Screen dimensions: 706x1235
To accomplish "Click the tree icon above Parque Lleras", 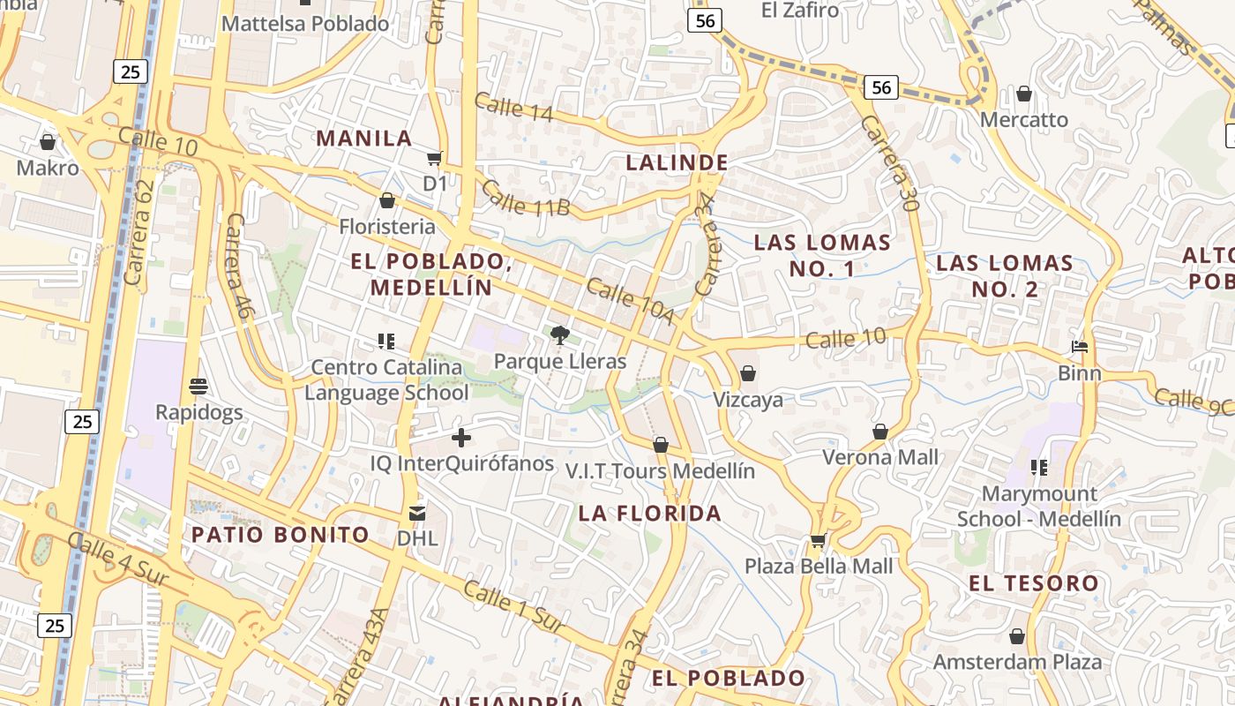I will [x=559, y=334].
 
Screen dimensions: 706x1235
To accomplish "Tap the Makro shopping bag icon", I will [x=48, y=142].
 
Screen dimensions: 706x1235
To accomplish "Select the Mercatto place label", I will [x=1023, y=119].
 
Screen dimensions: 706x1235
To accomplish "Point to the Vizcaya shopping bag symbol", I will [x=748, y=373].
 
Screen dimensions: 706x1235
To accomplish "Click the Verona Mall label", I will [x=880, y=457].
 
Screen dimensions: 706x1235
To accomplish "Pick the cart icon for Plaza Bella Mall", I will [x=818, y=540].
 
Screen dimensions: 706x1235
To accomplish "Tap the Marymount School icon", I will [x=1039, y=467].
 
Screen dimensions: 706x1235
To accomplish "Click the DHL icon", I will [x=417, y=512].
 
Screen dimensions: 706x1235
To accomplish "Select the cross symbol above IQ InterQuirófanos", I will [x=461, y=438].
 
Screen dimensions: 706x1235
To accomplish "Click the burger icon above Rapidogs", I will [x=198, y=387].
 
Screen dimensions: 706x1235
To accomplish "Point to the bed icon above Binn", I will [x=1080, y=347].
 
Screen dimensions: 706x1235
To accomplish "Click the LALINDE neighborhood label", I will [x=677, y=162].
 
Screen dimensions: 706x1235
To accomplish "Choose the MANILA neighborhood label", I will [x=364, y=138].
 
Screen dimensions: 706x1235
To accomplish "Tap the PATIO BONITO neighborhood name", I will [x=281, y=534].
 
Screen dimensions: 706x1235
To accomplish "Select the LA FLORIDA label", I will [x=650, y=513].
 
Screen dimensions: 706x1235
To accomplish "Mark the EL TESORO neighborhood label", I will [x=1034, y=582].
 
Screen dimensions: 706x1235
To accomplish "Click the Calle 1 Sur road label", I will [x=513, y=607].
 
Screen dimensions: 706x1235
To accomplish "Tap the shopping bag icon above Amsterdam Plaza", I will [x=1017, y=636].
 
